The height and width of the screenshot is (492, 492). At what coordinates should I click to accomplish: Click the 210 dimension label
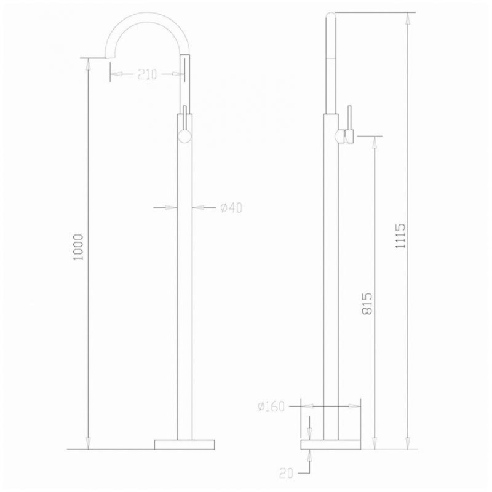tap(147, 74)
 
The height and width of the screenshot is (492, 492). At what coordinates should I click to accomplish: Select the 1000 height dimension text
tap(78, 247)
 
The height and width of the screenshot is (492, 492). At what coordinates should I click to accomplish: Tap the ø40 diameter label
tap(231, 208)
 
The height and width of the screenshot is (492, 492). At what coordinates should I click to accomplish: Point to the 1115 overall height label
tap(400, 236)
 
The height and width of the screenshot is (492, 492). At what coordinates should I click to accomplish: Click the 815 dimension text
tap(367, 303)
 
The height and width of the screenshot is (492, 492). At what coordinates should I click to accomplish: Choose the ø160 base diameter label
tap(271, 407)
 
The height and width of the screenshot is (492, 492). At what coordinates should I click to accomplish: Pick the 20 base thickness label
tap(286, 473)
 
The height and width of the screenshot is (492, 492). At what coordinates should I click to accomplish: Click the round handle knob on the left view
tap(184, 137)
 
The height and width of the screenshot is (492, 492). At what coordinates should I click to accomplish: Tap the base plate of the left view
tap(184, 444)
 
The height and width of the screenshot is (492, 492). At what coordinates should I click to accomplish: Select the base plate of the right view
tap(331, 444)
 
